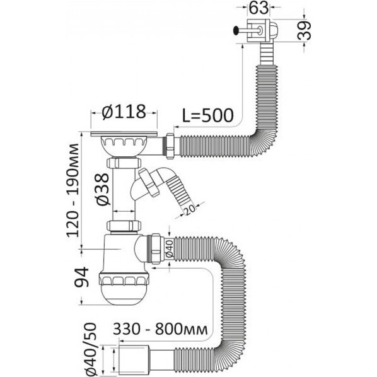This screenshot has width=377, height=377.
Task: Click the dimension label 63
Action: [258, 8]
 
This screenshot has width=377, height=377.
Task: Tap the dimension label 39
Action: [304, 30]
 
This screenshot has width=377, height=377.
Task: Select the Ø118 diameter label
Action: [124, 112]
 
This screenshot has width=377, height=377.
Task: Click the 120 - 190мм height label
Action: [72, 190]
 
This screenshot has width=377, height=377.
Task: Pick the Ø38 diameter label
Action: [103, 190]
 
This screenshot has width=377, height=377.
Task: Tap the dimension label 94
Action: [82, 277]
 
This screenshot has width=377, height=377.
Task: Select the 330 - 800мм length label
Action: [160, 329]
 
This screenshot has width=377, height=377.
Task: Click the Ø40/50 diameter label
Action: [91, 350]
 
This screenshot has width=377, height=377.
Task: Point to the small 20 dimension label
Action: [190, 210]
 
